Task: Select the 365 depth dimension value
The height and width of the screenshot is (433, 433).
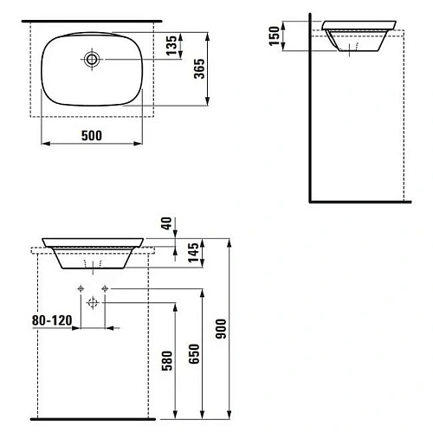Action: [198, 74]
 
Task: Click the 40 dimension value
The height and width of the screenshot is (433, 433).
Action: [165, 226]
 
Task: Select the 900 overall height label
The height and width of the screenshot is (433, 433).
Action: [218, 330]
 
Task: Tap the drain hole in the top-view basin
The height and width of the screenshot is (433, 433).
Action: [92, 60]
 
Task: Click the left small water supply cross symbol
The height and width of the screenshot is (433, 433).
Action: [81, 287]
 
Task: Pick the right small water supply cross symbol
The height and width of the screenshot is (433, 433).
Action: [105, 287]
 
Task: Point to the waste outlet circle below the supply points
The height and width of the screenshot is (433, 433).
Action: [93, 301]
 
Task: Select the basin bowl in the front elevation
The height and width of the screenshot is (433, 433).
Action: [93, 251]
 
